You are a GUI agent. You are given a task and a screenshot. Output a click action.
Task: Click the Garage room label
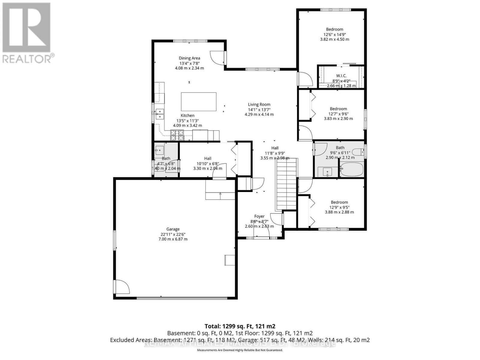tap(173, 229)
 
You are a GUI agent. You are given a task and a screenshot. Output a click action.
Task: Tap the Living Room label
tap(259, 104)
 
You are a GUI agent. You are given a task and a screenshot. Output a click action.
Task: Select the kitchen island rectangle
tap(199, 102)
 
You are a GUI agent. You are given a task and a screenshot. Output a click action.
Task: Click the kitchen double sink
tap(160, 114)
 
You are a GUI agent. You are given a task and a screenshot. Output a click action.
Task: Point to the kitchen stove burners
tap(177, 135)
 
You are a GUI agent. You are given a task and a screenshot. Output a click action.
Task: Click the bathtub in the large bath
tap(352, 169)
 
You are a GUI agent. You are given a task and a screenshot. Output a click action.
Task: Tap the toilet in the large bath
tap(358, 152)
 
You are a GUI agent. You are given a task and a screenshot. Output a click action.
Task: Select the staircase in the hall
tap(286, 184)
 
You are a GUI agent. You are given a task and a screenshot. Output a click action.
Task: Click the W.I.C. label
tap(341, 76)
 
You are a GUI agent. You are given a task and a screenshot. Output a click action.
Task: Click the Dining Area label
tap(189, 58)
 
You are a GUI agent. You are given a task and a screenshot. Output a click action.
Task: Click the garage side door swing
tap(122, 287)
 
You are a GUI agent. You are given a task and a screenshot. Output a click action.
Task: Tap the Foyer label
tap(259, 216)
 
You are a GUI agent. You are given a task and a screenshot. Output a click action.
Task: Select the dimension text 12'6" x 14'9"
tap(334, 34)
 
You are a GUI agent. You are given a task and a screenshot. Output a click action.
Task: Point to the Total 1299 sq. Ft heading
tap(240, 326)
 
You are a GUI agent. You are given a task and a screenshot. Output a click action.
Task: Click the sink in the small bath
tap(159, 150)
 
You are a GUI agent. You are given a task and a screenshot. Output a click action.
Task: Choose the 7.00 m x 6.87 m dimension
tap(173, 239)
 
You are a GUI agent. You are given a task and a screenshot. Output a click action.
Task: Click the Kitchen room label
tap(187, 115)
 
